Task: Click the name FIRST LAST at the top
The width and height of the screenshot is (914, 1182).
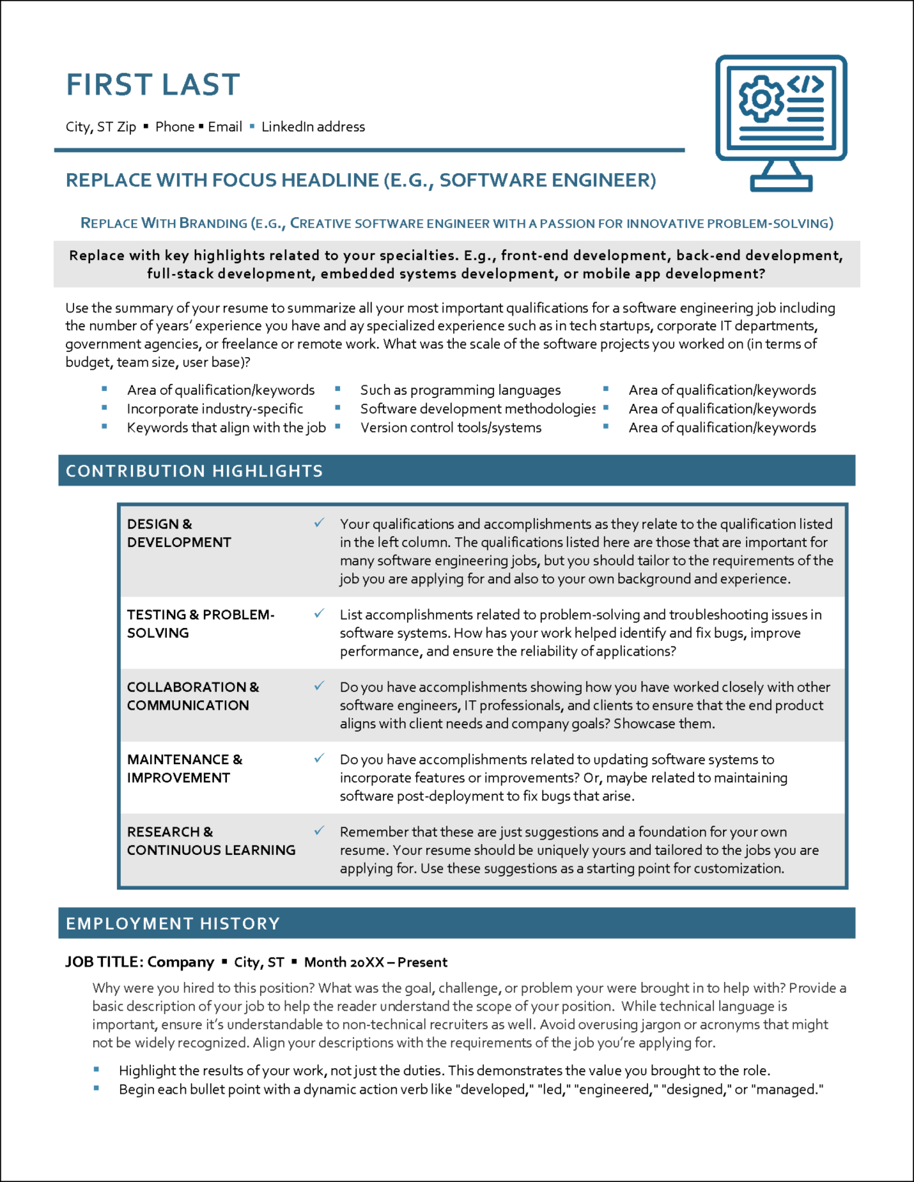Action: tap(153, 85)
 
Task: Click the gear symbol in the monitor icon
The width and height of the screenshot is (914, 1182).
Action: tap(760, 98)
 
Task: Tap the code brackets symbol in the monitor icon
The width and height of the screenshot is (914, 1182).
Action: tap(806, 84)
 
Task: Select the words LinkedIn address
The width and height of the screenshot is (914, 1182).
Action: tap(313, 127)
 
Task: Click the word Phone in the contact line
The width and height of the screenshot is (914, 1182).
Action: tap(175, 127)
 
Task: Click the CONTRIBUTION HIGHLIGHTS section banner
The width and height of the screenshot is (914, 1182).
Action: tap(456, 471)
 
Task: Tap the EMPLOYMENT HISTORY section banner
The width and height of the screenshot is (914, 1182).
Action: tap(456, 923)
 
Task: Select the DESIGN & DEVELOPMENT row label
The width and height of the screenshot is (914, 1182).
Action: tap(178, 533)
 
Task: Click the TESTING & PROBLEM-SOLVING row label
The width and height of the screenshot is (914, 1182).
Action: tap(200, 624)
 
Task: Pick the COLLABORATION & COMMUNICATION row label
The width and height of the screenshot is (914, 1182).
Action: tap(192, 696)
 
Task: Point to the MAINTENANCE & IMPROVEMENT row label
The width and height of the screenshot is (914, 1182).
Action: tap(184, 769)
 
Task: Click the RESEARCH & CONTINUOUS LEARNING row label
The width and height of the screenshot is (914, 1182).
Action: tap(211, 841)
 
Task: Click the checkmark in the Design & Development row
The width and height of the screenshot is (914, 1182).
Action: tap(319, 523)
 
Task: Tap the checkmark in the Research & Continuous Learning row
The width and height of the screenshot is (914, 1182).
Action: tap(319, 831)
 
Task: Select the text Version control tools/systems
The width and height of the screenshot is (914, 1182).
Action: tap(451, 428)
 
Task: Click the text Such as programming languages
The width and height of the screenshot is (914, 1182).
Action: tap(460, 390)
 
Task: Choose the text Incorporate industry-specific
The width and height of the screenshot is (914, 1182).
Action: tap(215, 409)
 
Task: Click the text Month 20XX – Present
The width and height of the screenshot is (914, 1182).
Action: tap(375, 963)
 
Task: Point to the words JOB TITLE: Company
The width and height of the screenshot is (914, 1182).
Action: tap(140, 963)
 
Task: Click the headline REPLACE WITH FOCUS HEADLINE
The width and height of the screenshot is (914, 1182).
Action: tap(360, 181)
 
